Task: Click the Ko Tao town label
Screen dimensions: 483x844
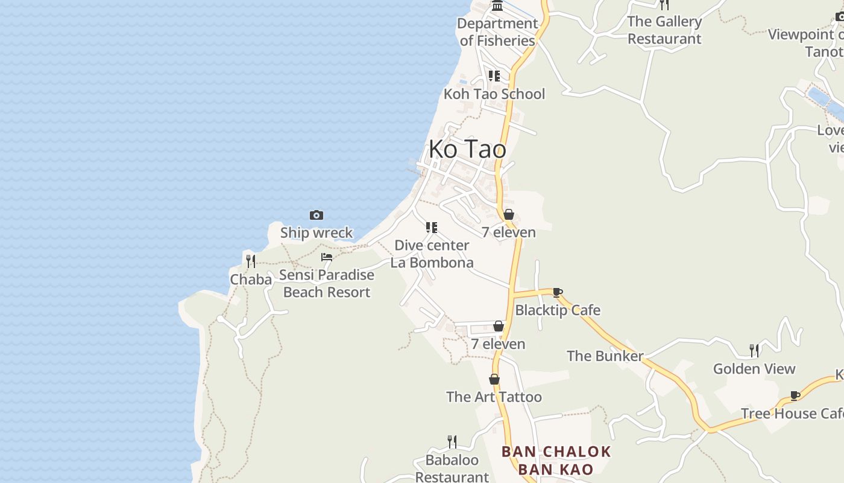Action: (467, 149)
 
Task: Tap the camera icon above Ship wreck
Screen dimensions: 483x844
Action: (316, 215)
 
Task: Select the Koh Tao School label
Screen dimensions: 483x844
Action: (494, 94)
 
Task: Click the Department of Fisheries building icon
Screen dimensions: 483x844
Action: (497, 6)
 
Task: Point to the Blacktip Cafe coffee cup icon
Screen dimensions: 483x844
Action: (558, 293)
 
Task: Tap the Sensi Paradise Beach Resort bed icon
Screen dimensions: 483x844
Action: (327, 257)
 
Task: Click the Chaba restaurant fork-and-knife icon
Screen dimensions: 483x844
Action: (251, 261)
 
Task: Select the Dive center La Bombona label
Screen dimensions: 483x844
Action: (432, 254)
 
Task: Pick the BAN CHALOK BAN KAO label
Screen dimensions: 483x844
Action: (556, 460)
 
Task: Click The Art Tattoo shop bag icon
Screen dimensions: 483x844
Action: (494, 379)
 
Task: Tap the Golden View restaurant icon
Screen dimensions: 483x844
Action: (754, 351)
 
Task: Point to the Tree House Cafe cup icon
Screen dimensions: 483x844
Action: (795, 396)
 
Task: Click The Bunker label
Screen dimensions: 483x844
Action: (605, 356)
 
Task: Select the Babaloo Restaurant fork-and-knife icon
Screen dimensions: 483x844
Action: (452, 442)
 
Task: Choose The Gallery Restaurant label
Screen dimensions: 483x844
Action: (664, 30)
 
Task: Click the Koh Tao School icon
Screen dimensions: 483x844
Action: (494, 76)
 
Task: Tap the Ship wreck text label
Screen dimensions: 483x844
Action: (316, 232)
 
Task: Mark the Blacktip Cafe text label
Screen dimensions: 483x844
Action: (558, 310)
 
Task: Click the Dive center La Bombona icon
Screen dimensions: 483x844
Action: (432, 228)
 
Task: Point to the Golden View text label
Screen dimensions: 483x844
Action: (754, 368)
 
